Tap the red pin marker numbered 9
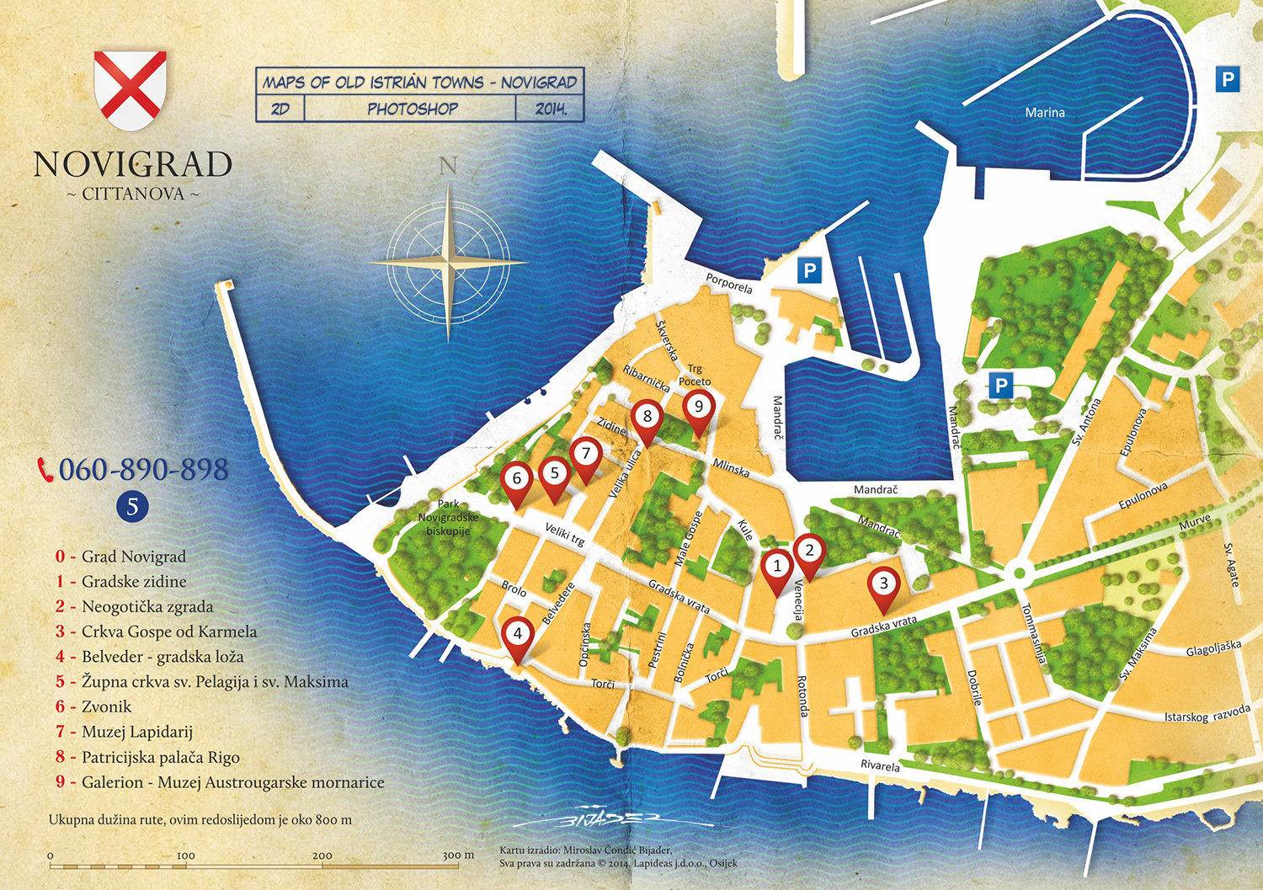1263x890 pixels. (x=698, y=408)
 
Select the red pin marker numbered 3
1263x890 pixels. (x=883, y=584)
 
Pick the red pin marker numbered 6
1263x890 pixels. (x=516, y=480)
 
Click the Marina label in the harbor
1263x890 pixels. (x=1045, y=112)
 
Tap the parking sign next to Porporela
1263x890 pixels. (x=809, y=271)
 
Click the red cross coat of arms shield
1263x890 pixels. (x=130, y=90)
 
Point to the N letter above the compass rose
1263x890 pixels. (x=448, y=166)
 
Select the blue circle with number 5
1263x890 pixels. (x=132, y=506)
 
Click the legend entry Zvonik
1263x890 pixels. (x=106, y=707)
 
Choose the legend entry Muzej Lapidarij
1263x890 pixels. (x=137, y=733)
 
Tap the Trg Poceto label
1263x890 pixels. (x=695, y=376)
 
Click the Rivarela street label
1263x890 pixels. (x=880, y=765)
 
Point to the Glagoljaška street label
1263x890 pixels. (x=1213, y=648)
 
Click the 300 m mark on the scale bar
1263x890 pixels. (x=457, y=855)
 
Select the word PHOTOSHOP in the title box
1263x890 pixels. (x=412, y=109)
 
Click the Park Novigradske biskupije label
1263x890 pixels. (x=448, y=517)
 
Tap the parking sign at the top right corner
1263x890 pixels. (x=1228, y=80)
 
